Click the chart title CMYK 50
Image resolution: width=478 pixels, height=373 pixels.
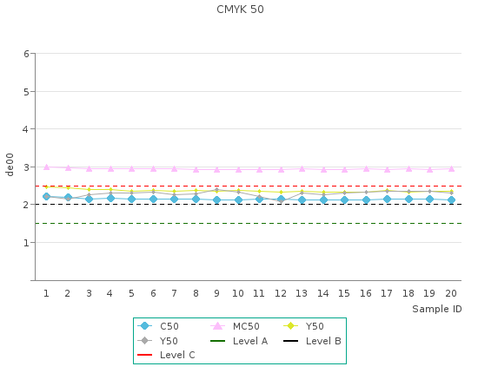coord(240,10)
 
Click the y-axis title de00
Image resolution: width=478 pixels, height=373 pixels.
coord(10,165)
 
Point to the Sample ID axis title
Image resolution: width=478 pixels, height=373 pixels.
coord(437,309)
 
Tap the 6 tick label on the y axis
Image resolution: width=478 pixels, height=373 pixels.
coord(27,54)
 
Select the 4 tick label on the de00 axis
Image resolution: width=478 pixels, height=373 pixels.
coord(26,129)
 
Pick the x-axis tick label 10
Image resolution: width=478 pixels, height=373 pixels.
coord(238,293)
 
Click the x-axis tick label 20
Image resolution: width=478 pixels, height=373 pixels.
coord(451,293)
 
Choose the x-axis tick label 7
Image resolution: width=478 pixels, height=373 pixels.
coord(174,293)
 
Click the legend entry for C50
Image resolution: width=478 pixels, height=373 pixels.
coord(158,326)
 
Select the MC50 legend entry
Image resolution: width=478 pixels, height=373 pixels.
coord(235,326)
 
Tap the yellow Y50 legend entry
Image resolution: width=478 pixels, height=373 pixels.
coord(303,326)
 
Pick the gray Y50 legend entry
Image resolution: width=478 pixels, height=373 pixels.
coord(157,341)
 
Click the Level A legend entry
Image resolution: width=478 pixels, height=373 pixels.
coord(239,341)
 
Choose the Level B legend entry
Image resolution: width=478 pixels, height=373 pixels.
coord(312,341)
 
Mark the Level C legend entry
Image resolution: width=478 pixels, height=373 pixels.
coord(166,355)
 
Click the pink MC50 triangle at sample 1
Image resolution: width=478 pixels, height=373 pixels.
coord(46,167)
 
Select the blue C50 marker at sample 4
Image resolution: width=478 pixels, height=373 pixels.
coord(110,199)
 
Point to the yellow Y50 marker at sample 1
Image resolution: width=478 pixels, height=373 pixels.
coord(46,186)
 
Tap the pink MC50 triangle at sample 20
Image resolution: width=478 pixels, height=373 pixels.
coord(451,168)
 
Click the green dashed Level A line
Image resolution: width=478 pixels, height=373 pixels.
coord(249,223)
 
